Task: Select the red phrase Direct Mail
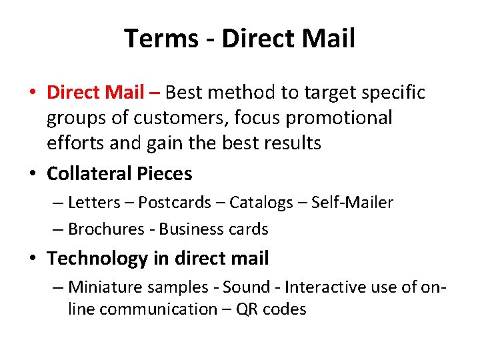click(94, 92)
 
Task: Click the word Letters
click(93, 202)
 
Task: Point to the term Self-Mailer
click(350, 202)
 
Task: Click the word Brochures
click(106, 229)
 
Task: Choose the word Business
click(189, 229)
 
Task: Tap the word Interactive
click(318, 287)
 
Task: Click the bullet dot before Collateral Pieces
click(33, 175)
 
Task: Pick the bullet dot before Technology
click(33, 259)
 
